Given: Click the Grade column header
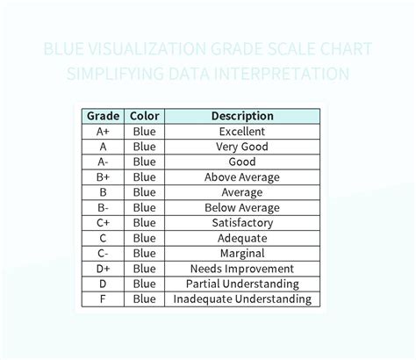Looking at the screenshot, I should point(103,116).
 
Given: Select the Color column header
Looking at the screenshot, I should point(144,116).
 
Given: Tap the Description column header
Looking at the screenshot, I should point(242,116).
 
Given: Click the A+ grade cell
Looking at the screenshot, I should point(103,132).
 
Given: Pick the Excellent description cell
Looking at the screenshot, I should point(242,132).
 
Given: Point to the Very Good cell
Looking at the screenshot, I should point(242,147).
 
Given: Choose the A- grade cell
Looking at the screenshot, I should point(103,162).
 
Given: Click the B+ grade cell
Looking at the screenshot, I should point(103,177).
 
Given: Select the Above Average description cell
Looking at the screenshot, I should point(242,177).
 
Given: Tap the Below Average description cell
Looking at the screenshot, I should point(242,207).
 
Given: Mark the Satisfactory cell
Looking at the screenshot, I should point(242,223).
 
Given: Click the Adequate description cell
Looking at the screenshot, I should point(242,238).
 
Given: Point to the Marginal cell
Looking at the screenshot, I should point(242,253).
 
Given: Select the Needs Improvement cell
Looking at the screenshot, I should point(242,269).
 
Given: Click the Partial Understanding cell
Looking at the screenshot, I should point(242,284).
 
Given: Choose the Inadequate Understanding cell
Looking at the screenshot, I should point(242,299).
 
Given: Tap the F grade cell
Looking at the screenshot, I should point(103,299).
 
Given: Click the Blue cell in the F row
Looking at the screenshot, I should point(144,299).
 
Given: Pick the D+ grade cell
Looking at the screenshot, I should point(103,269).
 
